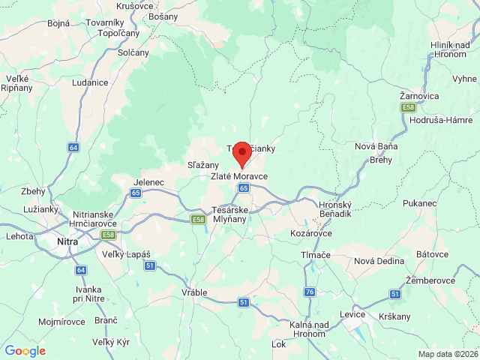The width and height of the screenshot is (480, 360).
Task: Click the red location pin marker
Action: pos(241,154)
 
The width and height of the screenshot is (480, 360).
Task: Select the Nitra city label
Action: pos(66,242)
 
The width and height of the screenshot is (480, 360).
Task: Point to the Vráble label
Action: pos(194,292)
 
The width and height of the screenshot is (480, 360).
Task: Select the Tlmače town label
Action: pos(315,255)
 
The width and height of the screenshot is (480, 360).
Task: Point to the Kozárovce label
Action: pos(312,234)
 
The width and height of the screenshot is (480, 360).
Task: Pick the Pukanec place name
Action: pos(419,202)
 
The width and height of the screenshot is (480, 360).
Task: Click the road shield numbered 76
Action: pos(310,291)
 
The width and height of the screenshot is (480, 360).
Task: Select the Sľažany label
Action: pos(202,165)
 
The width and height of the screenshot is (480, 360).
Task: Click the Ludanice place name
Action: pos(90,82)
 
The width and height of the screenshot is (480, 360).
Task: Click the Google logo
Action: pos(25,351)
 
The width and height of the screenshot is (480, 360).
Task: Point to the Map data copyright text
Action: pos(447,354)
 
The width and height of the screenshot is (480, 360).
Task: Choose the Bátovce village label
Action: pos(432,255)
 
